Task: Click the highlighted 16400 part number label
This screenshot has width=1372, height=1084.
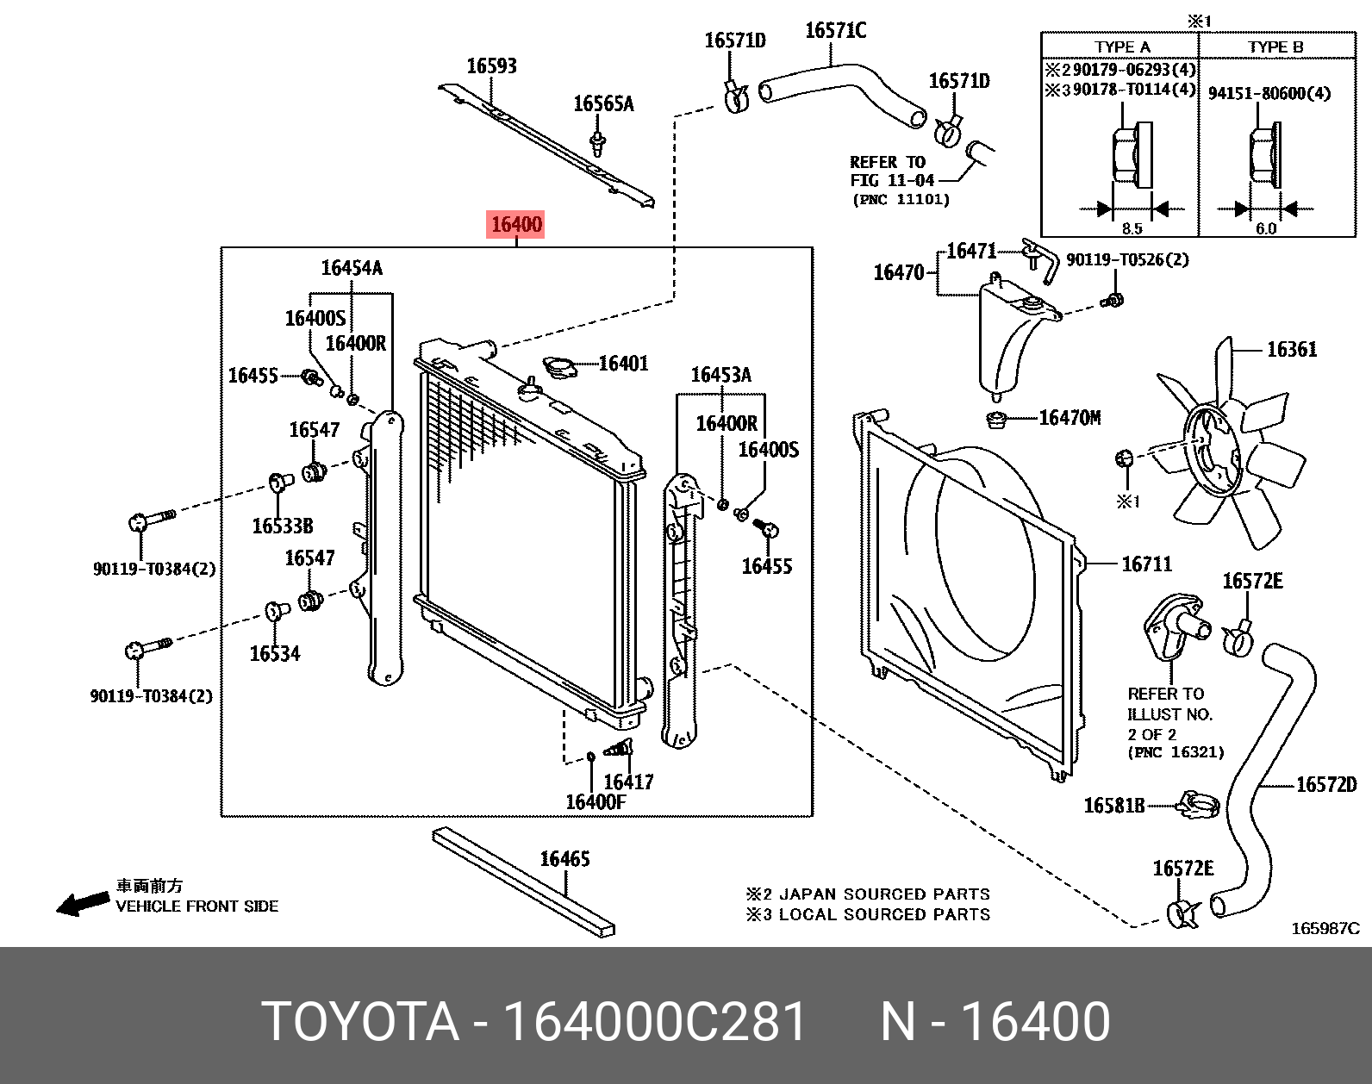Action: [x=516, y=226]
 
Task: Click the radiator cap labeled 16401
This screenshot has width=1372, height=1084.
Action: [x=558, y=368]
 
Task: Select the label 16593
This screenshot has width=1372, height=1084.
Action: [x=491, y=66]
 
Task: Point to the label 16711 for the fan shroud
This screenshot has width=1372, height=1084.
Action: [x=1146, y=564]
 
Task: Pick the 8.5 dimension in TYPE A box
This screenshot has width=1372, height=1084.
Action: [x=1132, y=228]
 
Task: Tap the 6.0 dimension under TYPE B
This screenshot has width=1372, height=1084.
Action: [x=1265, y=228]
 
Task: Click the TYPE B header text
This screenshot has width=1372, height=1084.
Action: [x=1275, y=47]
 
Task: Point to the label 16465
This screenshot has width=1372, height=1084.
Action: [x=564, y=859]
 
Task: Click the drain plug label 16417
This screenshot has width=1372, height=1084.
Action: [x=628, y=782]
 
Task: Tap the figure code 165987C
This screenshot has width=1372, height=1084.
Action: [x=1324, y=928]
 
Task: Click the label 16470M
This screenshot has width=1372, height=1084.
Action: [x=1070, y=418]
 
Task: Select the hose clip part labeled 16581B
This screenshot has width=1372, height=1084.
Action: [x=1199, y=806]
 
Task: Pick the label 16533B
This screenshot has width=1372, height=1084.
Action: [x=282, y=526]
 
